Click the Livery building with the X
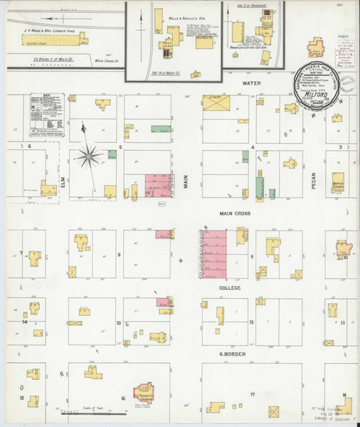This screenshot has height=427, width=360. pyautogui.click(x=216, y=105)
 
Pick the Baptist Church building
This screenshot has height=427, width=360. pyautogui.click(x=334, y=182)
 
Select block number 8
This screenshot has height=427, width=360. pyautogui.click(x=119, y=253)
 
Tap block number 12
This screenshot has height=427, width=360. pyautogui.click(x=251, y=322)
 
